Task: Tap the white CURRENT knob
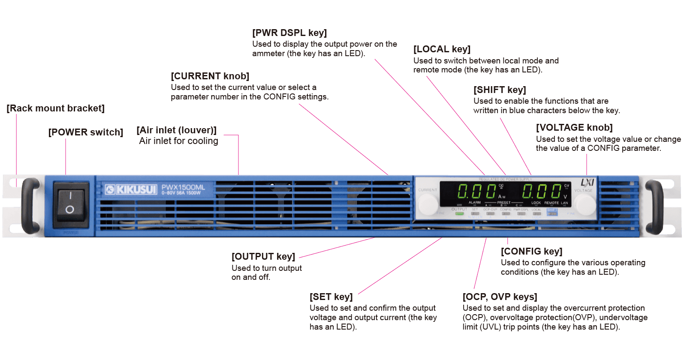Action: pos(428,204)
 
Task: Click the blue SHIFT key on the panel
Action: pos(552,212)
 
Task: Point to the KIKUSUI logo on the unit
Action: pos(131,189)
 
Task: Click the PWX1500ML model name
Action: pos(183,188)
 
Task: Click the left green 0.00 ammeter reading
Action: pos(476,191)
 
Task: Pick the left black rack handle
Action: pos(30,206)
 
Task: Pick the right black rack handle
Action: pos(654,206)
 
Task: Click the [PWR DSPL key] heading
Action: pos(289,33)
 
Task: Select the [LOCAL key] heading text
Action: pos(442,49)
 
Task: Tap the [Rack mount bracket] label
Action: pos(55,108)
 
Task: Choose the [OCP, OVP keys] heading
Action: pos(500,297)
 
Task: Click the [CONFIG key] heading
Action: pos(531,251)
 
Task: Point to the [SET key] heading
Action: pos(331,297)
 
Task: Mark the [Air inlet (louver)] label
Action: pos(176,130)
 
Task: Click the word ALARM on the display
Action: pos(474,203)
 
